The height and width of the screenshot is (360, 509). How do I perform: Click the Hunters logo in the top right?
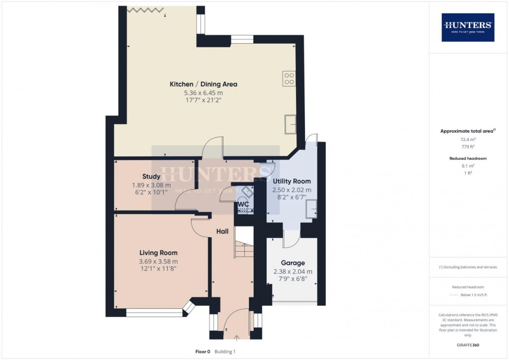[x=468, y=27]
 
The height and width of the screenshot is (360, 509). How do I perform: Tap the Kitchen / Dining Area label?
[x=203, y=84]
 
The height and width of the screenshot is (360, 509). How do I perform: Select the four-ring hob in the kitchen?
[x=289, y=79]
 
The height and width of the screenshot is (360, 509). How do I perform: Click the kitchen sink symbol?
[x=291, y=124]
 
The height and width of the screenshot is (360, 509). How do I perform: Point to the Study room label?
[x=151, y=177]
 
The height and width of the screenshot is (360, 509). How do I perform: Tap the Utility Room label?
[x=291, y=181]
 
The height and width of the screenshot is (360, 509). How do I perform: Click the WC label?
[x=243, y=204]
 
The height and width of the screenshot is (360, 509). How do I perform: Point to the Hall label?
[x=222, y=231]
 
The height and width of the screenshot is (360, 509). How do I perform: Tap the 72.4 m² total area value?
[x=468, y=139]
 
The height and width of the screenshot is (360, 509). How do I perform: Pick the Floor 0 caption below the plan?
[x=202, y=352]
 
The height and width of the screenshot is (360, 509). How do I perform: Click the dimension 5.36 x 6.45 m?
[x=203, y=93]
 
